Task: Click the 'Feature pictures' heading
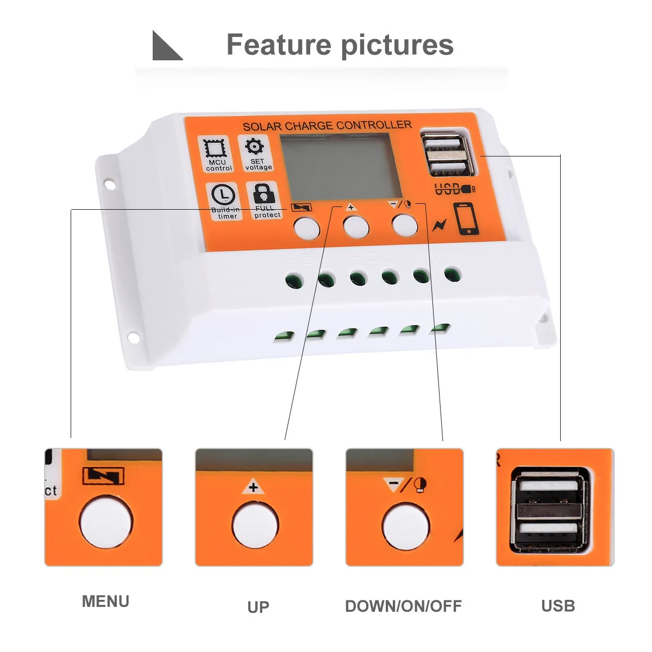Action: [x=340, y=45]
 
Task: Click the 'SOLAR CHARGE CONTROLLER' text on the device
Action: [x=327, y=126]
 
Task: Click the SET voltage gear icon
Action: [x=254, y=147]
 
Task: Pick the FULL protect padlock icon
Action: [x=265, y=194]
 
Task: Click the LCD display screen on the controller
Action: [x=340, y=166]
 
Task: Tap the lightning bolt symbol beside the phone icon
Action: [x=439, y=224]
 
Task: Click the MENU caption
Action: [x=105, y=601]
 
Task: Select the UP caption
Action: [x=258, y=607]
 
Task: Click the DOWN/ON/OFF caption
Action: [x=403, y=606]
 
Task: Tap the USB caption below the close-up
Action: [x=558, y=606]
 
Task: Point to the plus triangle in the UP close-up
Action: [x=253, y=487]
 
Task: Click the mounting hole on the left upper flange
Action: [x=110, y=185]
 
